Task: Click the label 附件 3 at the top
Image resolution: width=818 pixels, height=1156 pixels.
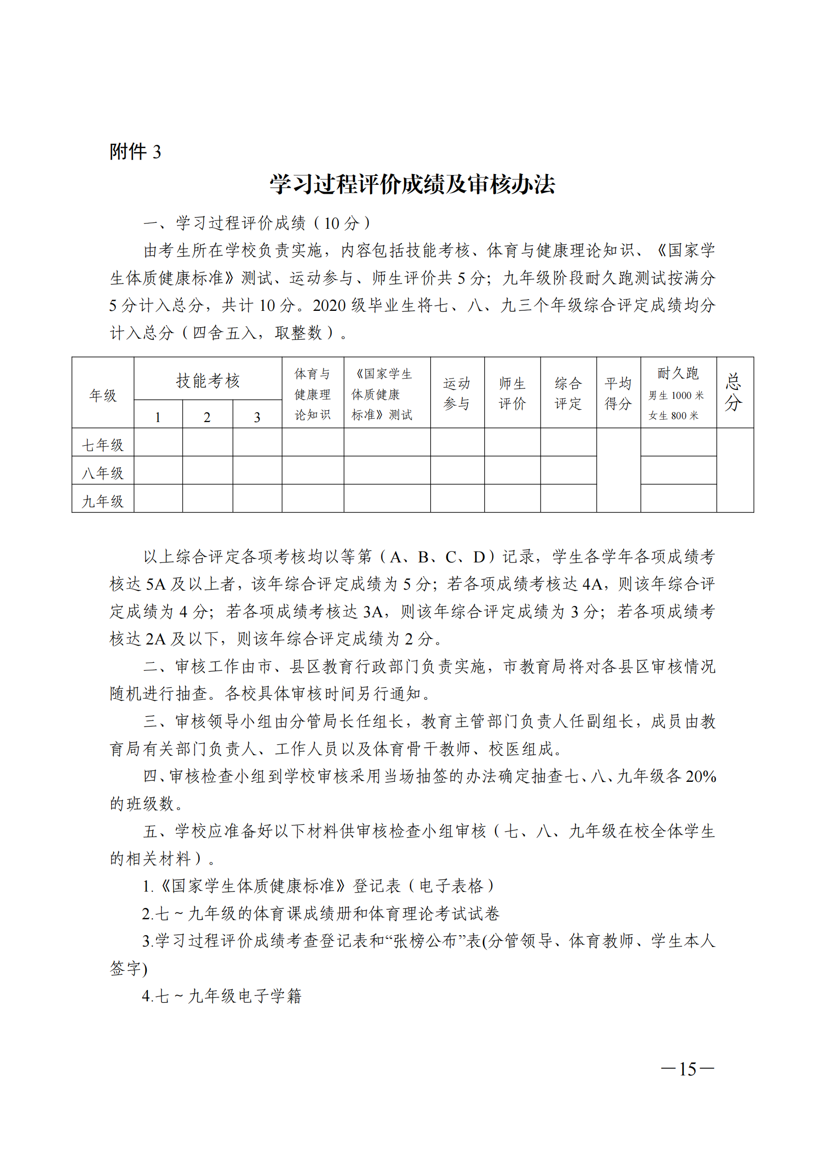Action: click(135, 152)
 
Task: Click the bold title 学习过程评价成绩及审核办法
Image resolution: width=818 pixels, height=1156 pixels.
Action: click(412, 185)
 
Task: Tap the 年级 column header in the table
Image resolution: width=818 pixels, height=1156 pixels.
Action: click(103, 395)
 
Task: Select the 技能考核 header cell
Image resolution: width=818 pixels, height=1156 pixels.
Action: click(208, 381)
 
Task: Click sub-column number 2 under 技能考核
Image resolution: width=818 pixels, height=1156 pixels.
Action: click(207, 417)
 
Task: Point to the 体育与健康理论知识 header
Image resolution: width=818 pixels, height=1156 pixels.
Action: click(312, 394)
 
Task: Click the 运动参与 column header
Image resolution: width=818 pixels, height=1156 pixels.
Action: click(457, 393)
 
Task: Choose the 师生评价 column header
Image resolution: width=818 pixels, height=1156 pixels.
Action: click(512, 393)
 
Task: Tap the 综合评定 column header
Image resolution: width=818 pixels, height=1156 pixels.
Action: click(568, 393)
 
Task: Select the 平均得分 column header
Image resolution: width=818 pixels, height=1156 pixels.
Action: click(618, 393)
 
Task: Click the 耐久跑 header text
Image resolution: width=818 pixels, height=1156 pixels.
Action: click(678, 374)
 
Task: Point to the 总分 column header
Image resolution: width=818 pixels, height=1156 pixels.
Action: click(734, 392)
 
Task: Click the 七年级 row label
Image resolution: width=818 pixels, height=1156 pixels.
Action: click(103, 445)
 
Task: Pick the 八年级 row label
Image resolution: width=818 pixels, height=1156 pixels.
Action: click(103, 473)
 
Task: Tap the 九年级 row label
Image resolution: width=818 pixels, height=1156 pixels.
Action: click(103, 501)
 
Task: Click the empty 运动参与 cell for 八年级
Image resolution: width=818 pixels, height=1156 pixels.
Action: click(457, 470)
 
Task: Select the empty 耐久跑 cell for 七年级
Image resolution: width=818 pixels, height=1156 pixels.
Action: click(678, 441)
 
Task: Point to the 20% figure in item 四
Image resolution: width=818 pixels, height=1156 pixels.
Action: click(700, 776)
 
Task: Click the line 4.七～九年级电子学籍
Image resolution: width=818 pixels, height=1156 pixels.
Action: click(222, 996)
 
